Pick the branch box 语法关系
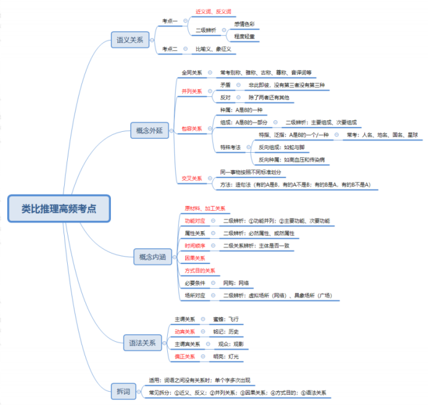coord(142,343)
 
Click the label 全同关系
coord(192,73)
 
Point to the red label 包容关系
coord(192,128)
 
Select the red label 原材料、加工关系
coord(205,208)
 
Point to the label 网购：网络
coord(236,283)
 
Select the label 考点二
coord(170,49)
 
